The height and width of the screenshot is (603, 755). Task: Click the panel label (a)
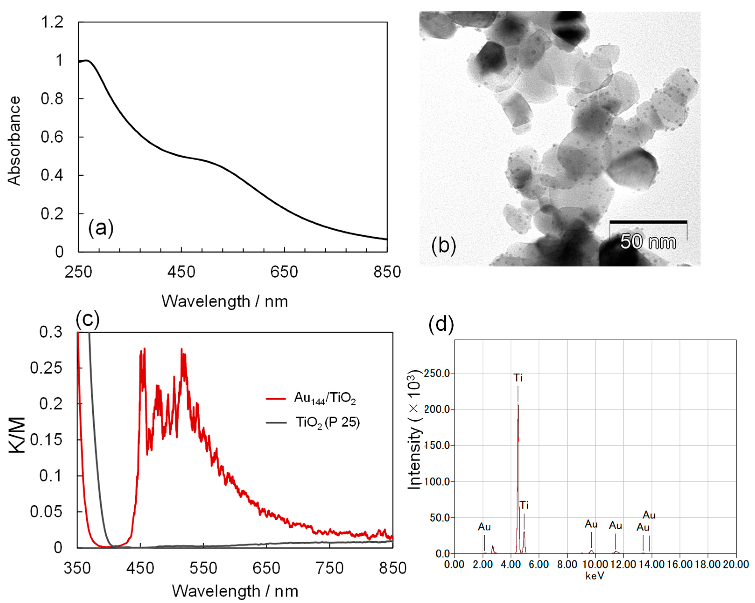pos(101,228)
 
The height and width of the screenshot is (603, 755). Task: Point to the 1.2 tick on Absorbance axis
pos(52,22)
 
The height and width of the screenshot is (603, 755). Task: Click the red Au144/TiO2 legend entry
pos(311,398)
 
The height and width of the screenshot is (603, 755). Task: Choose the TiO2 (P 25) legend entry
pos(313,423)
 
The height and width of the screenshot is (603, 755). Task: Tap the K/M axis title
pos(17,435)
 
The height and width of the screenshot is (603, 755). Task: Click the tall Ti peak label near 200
pos(518,378)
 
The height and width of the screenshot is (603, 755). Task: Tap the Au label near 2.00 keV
pos(484,527)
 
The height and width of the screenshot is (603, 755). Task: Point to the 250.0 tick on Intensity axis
pos(437,374)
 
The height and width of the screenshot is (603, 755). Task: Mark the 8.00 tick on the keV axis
pos(567,564)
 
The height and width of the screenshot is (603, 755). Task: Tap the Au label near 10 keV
pos(591,524)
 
